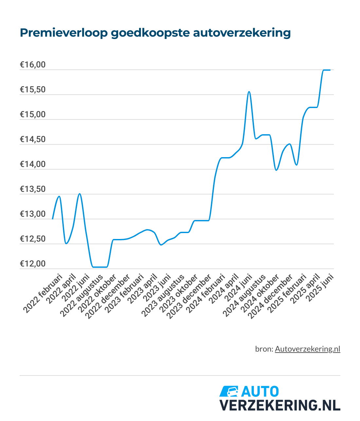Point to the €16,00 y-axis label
coord(33,65)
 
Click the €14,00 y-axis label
coord(33,164)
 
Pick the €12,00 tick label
coord(33,264)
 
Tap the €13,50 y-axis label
coord(33,189)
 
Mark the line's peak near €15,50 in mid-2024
coord(249,92)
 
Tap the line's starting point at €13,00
coord(53,219)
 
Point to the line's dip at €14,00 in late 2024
coord(277,170)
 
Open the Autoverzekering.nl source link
coord(307,349)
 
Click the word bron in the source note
coord(263,349)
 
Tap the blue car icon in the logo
coord(229,391)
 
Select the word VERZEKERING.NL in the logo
coord(280,405)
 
